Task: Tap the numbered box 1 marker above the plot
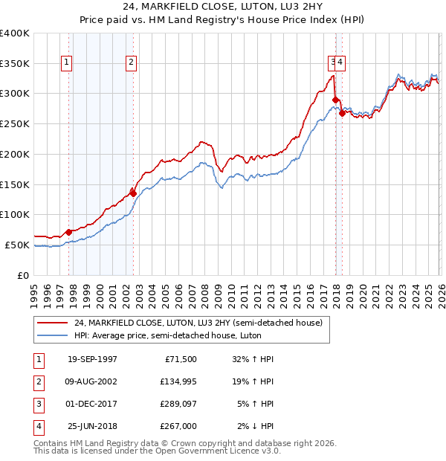[x=68, y=63]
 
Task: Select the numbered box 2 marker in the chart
[x=131, y=63]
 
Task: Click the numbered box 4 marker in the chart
[x=341, y=63]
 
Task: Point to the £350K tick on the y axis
[x=15, y=63]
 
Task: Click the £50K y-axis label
[x=17, y=245]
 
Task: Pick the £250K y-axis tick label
[x=15, y=123]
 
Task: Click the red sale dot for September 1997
[x=69, y=232]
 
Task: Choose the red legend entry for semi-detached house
[x=198, y=323]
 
